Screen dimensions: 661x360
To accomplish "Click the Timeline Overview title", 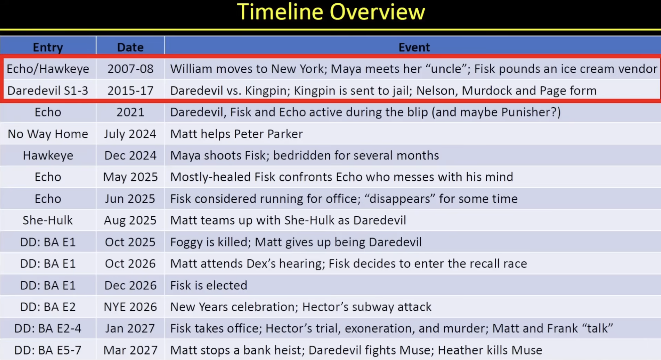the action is (x=331, y=12).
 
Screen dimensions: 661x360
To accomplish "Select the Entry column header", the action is (x=48, y=47).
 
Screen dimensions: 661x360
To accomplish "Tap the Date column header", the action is (x=130, y=47).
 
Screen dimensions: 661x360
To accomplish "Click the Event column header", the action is (x=414, y=47).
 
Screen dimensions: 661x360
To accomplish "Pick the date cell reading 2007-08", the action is (x=130, y=69).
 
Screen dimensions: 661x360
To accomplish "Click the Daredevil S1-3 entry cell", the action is (x=48, y=91).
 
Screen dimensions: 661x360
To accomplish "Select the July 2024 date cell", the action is (x=130, y=134).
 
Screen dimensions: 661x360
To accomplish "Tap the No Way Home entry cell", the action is (x=48, y=134).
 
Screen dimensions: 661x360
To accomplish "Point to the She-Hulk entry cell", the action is (x=48, y=220).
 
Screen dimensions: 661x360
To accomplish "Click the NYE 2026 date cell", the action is (x=130, y=307).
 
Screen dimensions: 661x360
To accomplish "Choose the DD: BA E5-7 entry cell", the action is (x=48, y=350).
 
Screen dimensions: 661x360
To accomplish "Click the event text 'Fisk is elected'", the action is (x=208, y=285).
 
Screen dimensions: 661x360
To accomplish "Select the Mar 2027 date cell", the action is (x=130, y=350).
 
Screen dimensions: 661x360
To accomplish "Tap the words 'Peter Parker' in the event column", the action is (x=268, y=134).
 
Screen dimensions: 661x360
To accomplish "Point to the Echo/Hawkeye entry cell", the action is (x=48, y=69).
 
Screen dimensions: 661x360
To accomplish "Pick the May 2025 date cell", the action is (x=130, y=177).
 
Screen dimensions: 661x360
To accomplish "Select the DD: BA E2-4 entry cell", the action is (x=48, y=328).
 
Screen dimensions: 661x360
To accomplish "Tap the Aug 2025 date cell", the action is (x=130, y=220).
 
